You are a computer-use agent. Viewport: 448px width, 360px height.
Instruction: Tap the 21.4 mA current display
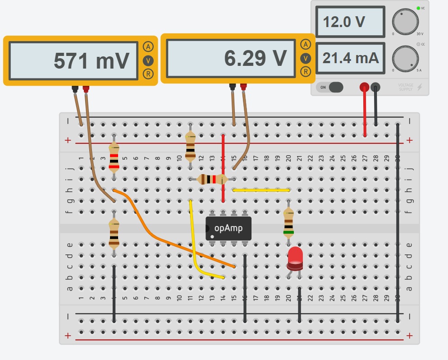[x=350, y=58]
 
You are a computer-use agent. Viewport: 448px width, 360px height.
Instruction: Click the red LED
[x=295, y=257]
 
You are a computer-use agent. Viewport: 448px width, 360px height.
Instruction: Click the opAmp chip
[x=229, y=228]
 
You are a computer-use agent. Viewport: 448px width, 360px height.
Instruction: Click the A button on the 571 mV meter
[x=147, y=46]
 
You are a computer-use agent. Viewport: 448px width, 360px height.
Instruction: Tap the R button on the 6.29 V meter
[x=306, y=71]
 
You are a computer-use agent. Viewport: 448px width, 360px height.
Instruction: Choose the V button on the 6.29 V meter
[x=306, y=58]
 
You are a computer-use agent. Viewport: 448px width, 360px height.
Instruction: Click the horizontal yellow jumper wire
[x=261, y=190]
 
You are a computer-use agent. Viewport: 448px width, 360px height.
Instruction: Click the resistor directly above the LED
[x=288, y=222]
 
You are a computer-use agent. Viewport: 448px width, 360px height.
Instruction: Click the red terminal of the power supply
[x=364, y=87]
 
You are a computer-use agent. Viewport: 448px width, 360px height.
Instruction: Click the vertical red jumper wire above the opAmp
[x=223, y=167]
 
